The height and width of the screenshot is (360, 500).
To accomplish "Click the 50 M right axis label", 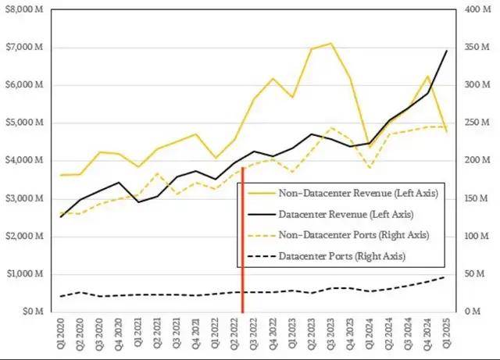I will coord(473,274).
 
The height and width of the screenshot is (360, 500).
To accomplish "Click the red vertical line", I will coord(243,234).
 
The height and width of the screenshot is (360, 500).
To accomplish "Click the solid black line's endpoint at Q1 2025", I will coord(446,51).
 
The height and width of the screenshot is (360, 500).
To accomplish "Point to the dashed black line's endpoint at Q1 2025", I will coord(446,277).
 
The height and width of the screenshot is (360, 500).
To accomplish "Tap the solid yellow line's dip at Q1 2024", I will coord(369,146).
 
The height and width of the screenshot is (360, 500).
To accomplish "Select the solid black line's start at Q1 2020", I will coord(61,216).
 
